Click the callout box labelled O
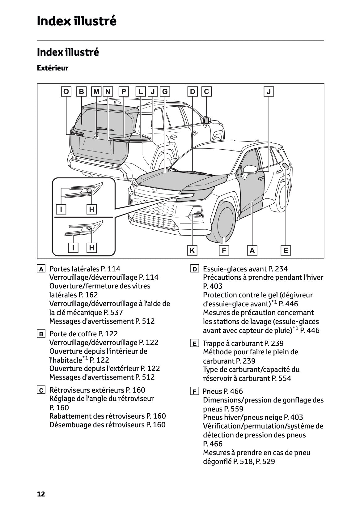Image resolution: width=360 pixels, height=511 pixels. tap(66, 92)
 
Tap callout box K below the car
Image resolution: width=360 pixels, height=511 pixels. tap(192, 250)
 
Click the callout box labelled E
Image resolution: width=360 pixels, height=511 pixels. tap(286, 250)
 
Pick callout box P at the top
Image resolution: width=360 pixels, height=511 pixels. tap(123, 92)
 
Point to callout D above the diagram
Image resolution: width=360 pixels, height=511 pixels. tap(193, 92)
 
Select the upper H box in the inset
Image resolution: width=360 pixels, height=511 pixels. tap(91, 209)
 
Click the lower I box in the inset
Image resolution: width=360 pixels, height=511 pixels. tap(73, 247)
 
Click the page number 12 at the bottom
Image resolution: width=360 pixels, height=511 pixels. tap(41, 494)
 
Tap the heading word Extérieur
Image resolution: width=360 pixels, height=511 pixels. tap(53, 68)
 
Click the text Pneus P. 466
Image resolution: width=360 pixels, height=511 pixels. tap(222, 391)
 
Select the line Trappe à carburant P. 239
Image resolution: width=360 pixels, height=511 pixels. tap(243, 343)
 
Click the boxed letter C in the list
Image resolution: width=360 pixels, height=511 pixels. tap(41, 390)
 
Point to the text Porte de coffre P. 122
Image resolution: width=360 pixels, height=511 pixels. tap(83, 334)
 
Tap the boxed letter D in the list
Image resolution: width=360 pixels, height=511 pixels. tap(194, 269)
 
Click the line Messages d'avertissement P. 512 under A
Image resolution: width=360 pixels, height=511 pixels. tap(102, 321)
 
